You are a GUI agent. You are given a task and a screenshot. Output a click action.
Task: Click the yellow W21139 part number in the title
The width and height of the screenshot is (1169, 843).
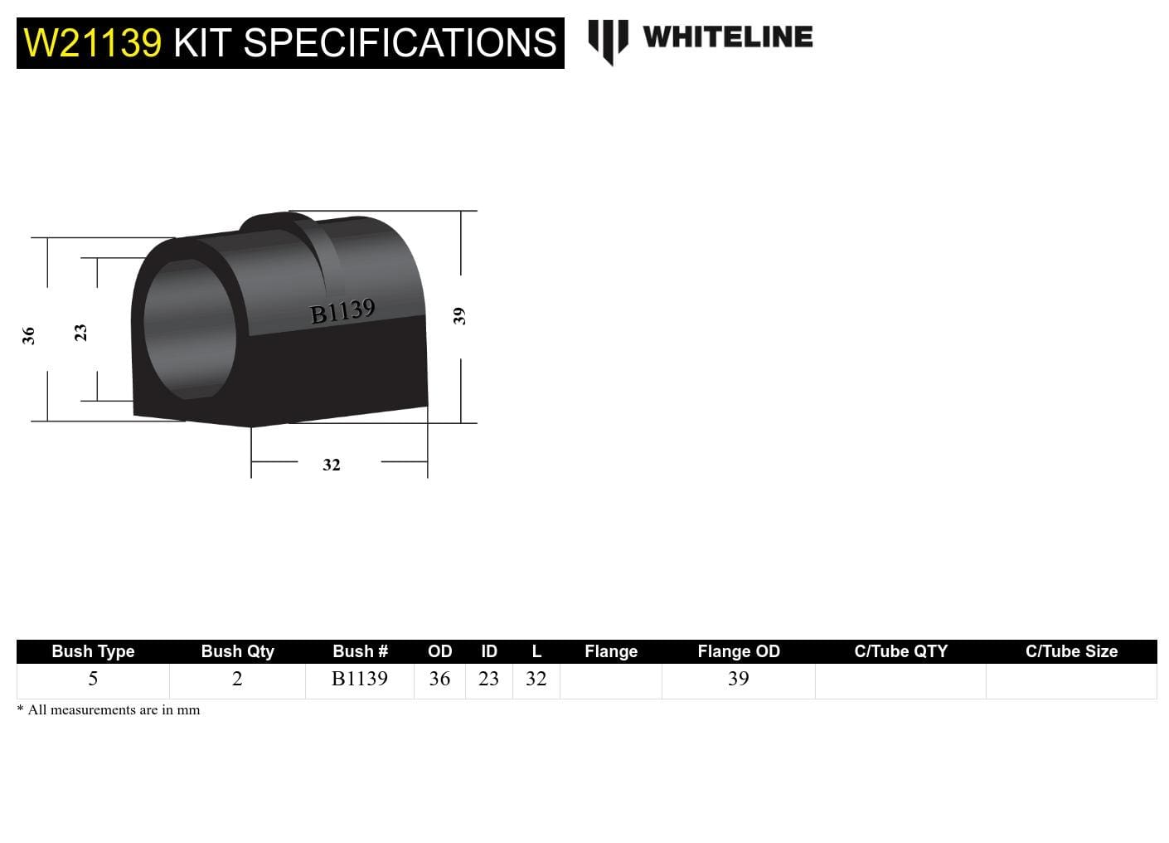coord(92,43)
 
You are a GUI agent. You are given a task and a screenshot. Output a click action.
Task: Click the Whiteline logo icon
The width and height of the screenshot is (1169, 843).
coord(608,41)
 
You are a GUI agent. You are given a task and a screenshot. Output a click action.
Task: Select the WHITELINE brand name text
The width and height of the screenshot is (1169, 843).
coord(727,37)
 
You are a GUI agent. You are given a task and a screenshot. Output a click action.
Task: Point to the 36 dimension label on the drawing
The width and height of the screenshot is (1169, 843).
coord(28,335)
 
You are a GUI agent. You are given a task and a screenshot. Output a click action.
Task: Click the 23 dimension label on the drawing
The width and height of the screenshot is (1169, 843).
coord(80,333)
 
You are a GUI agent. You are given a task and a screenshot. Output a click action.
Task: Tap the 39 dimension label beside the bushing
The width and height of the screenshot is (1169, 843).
coord(459,316)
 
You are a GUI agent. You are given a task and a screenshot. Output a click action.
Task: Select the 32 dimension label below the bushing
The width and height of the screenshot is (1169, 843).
coord(331,465)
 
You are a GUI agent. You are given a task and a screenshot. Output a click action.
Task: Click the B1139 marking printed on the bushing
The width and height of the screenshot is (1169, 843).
coord(342,312)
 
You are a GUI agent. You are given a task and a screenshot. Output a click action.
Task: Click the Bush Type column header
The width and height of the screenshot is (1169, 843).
coord(93,651)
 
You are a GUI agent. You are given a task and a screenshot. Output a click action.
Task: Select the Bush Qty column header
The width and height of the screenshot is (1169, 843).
coord(237,651)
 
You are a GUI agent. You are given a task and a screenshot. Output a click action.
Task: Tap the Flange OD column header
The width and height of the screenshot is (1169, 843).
coord(738,651)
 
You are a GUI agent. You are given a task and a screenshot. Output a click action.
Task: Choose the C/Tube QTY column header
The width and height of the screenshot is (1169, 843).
coord(900,651)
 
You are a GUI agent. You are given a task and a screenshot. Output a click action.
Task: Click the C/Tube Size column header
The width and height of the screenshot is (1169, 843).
coord(1071,651)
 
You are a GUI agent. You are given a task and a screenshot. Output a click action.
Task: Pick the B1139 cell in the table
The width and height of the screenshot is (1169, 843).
coord(359,679)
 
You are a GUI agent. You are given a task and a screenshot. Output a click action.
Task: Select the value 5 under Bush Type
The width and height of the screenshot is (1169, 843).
coord(93,679)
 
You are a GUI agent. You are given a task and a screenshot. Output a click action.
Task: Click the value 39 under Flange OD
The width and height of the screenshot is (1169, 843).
coord(738,679)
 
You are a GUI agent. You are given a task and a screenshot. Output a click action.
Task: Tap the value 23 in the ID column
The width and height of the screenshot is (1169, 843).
coord(488,679)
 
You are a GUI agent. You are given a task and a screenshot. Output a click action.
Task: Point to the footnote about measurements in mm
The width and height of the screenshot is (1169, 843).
coord(109,710)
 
